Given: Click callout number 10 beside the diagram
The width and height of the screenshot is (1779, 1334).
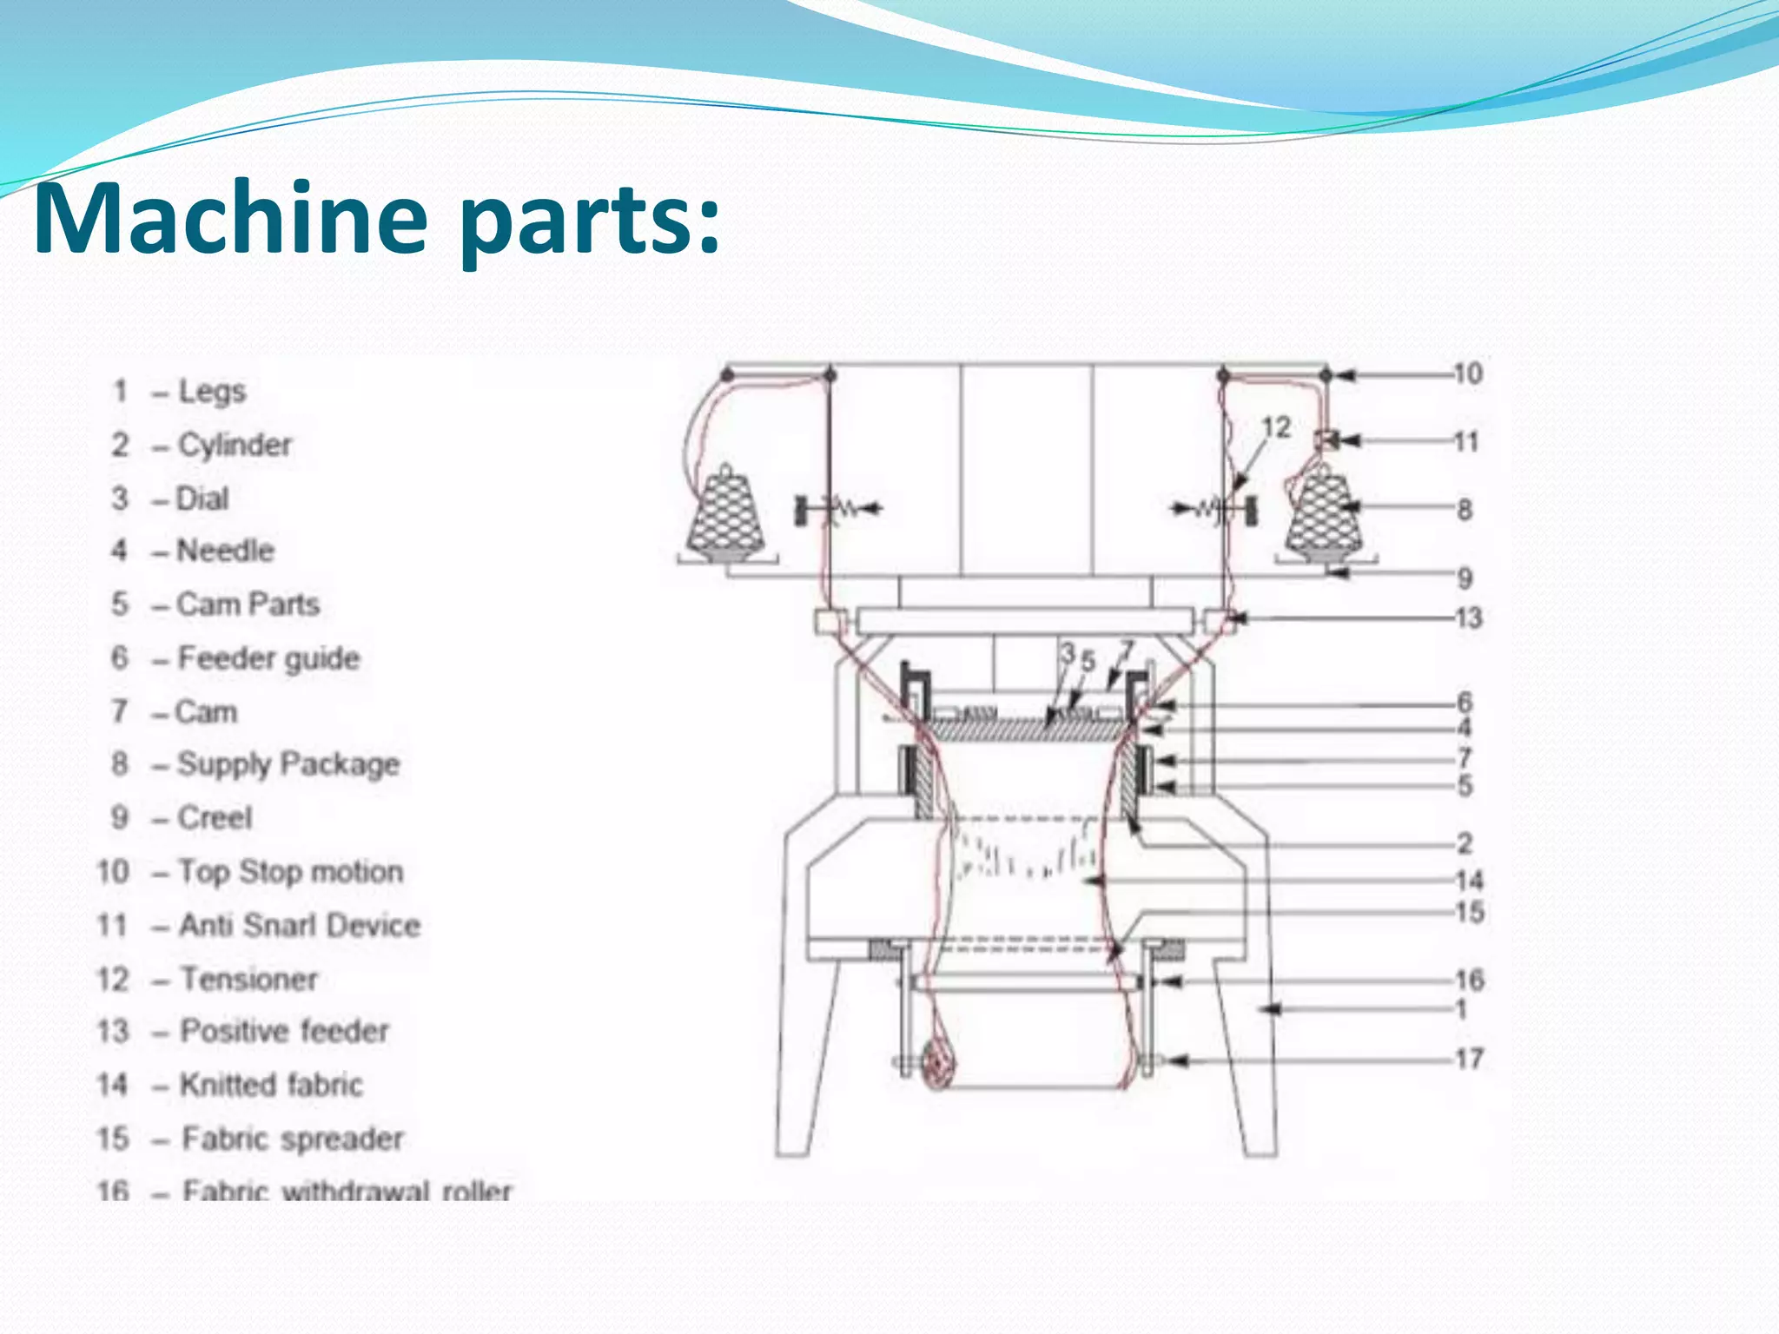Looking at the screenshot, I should pos(1467,374).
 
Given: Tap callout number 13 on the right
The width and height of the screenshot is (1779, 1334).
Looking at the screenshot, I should pos(1468,618).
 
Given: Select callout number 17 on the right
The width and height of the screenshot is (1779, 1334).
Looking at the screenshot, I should pos(1469,1059).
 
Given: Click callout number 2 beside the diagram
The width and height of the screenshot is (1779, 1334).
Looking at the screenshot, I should pos(1465,843).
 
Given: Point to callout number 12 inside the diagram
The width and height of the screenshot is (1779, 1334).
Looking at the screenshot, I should pos(1275,427).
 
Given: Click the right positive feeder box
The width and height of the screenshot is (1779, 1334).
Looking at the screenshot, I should pos(1217,621).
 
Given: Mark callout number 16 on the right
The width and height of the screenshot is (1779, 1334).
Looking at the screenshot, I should pos(1469,981).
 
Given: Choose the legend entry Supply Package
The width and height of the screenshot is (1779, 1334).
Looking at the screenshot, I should pos(288,765).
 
